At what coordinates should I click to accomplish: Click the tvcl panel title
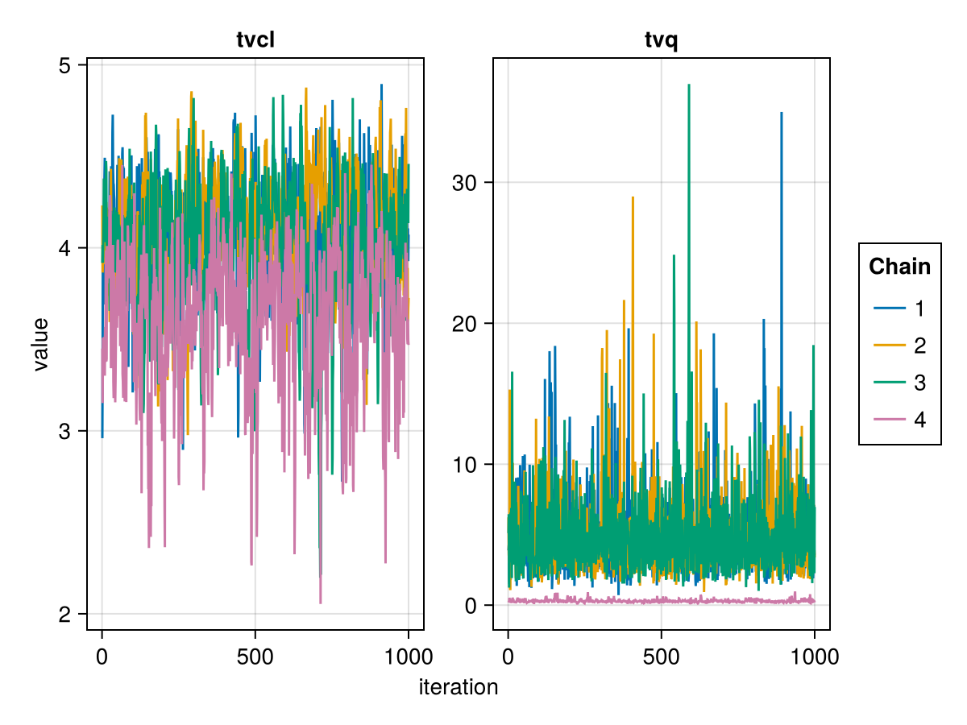pyautogui.click(x=255, y=40)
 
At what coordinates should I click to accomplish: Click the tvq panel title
pyautogui.click(x=662, y=40)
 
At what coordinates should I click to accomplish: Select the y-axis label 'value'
pyautogui.click(x=41, y=344)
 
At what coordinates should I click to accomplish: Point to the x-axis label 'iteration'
pyautogui.click(x=459, y=687)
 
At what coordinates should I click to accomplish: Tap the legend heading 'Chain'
pyautogui.click(x=899, y=267)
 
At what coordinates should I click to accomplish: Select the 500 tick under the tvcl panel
pyautogui.click(x=255, y=656)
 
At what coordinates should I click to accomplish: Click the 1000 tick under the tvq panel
pyautogui.click(x=814, y=656)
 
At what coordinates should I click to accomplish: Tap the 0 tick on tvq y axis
pyautogui.click(x=471, y=606)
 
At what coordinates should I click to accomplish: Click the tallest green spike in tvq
pyautogui.click(x=689, y=85)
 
